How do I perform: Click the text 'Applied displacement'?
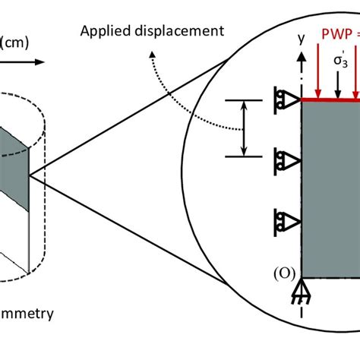tap(156, 31)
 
